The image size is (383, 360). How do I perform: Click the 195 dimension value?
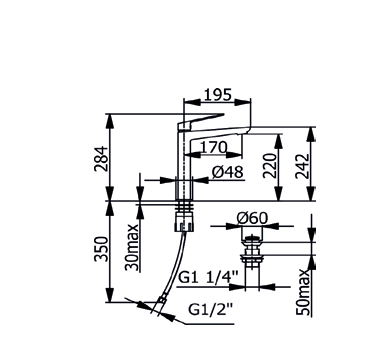click(217, 95)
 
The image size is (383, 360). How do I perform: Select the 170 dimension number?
click(213, 147)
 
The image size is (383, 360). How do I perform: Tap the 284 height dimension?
click(101, 159)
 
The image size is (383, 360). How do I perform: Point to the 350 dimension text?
click(101, 249)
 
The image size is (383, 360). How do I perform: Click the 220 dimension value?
click(270, 166)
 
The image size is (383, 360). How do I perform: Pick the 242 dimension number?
click(303, 166)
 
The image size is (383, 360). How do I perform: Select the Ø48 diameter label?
click(228, 172)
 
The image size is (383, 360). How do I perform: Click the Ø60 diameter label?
click(252, 218)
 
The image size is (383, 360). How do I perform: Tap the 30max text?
click(132, 247)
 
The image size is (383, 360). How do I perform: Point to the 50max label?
click(303, 292)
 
